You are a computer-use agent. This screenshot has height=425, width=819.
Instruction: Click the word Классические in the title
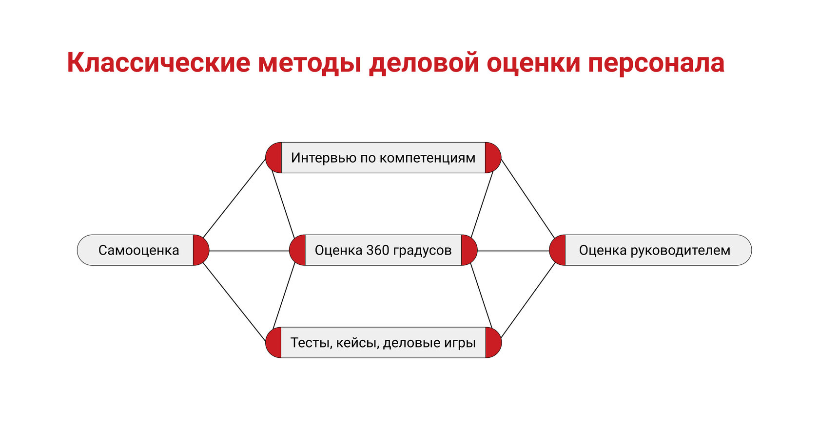pyautogui.click(x=158, y=63)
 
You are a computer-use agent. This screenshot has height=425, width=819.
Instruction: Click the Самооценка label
pyautogui.click(x=138, y=250)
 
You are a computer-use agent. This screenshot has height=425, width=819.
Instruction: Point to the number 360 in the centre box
pyautogui.click(x=377, y=250)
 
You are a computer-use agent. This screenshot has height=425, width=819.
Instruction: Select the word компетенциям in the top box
pyautogui.click(x=427, y=158)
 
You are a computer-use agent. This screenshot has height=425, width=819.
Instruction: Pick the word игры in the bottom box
pyautogui.click(x=460, y=343)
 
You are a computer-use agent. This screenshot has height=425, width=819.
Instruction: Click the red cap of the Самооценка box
pyautogui.click(x=200, y=250)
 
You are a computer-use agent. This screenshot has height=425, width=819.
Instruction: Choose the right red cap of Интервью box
pyautogui.click(x=492, y=158)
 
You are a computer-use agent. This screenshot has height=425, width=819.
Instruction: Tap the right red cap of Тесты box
pyautogui.click(x=493, y=343)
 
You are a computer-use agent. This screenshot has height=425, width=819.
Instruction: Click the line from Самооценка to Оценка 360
pyautogui.click(x=249, y=251)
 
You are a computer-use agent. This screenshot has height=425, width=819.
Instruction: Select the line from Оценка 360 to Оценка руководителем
pyautogui.click(x=513, y=251)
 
